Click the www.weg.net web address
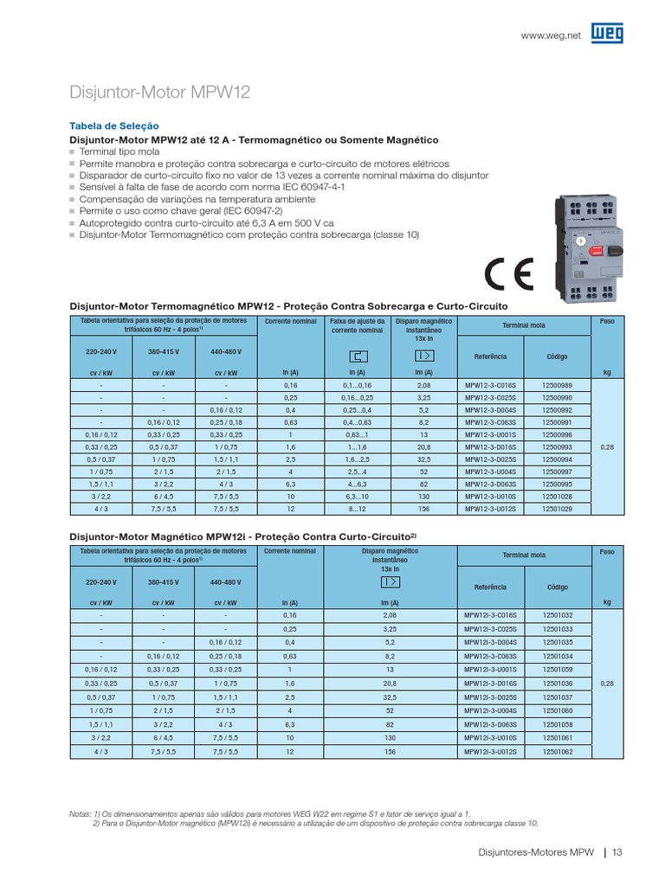(549, 35)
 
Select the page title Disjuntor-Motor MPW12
(159, 93)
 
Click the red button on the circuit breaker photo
(595, 251)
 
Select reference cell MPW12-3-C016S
(491, 383)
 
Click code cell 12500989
(558, 383)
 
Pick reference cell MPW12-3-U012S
(491, 510)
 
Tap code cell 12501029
(558, 510)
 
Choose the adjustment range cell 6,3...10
(356, 498)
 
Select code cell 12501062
(558, 753)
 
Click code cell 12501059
(558, 670)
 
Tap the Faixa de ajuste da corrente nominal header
(356, 326)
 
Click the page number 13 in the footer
(617, 852)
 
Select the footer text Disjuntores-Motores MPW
(536, 852)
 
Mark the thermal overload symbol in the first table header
(356, 356)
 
